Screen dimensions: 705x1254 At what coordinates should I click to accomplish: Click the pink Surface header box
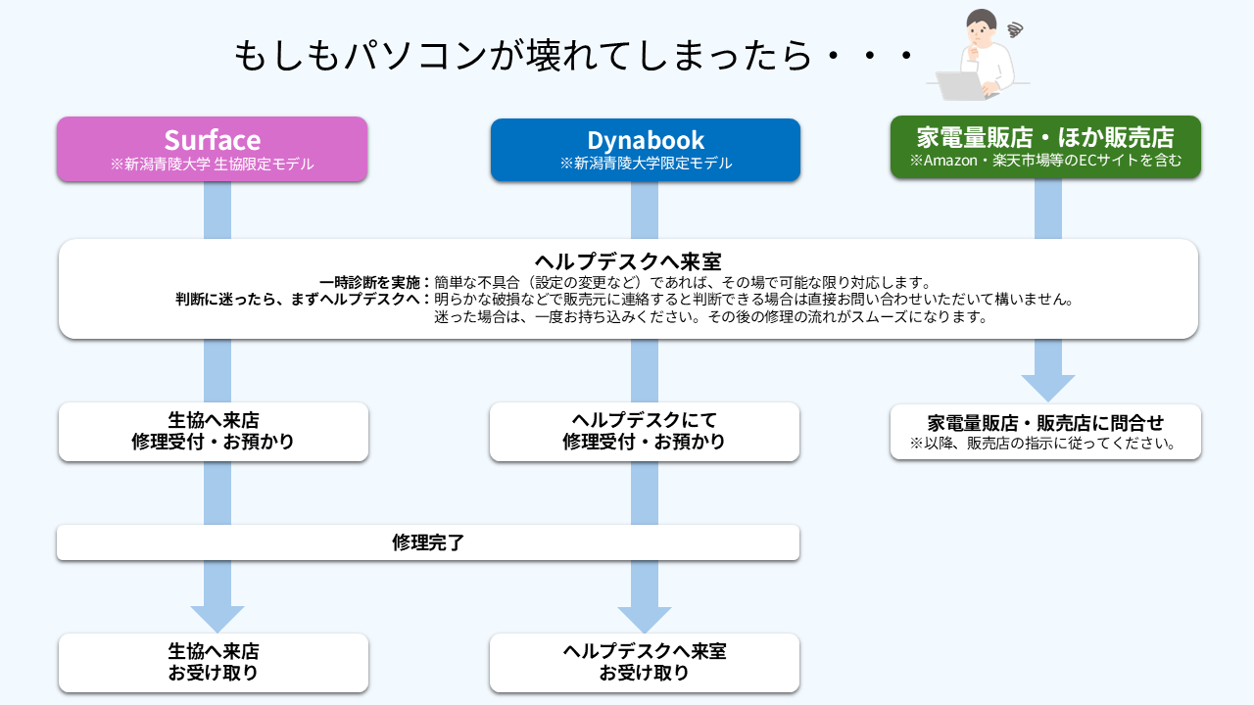[212, 149]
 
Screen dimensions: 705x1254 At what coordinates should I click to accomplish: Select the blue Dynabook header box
[645, 150]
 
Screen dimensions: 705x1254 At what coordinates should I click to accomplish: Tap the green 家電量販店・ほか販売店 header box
[1045, 147]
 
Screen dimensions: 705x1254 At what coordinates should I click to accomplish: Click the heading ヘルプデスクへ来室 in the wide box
[628, 261]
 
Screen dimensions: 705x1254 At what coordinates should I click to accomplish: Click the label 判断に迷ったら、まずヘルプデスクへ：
[304, 300]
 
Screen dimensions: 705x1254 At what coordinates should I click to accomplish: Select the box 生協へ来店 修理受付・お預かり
[213, 431]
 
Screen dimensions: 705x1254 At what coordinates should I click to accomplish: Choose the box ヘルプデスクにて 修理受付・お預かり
[644, 431]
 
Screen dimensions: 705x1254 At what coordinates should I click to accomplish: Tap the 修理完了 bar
[428, 542]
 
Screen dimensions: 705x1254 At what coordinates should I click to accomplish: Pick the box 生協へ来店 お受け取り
[213, 662]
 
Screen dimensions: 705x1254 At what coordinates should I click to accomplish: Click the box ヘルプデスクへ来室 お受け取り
[644, 662]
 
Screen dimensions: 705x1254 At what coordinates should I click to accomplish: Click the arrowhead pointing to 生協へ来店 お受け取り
[217, 618]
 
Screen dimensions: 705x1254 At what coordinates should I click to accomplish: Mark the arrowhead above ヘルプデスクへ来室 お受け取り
[645, 619]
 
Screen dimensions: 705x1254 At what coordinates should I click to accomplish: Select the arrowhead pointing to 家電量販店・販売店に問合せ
[1048, 387]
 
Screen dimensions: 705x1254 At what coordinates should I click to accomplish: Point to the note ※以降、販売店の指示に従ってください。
[1045, 444]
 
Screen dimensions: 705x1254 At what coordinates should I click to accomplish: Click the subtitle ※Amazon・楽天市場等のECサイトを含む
[1045, 160]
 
